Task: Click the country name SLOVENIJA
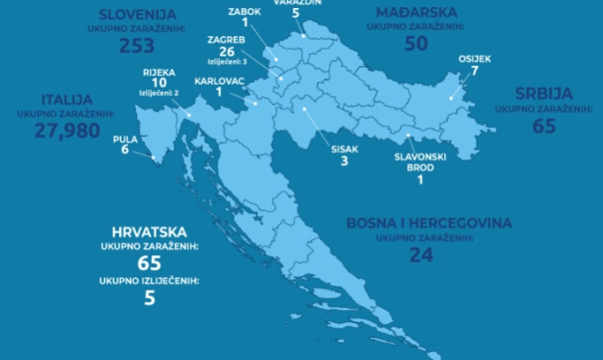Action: point(137,14)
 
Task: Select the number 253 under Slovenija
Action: point(137,45)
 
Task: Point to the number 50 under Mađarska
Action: point(416,43)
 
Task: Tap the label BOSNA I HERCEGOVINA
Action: point(429,223)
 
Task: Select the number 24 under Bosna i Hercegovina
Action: point(421,255)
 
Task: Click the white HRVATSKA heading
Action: point(150,231)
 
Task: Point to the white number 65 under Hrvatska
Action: point(150,263)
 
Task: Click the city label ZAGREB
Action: point(226,41)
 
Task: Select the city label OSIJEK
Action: point(475,59)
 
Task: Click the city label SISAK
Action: point(344,151)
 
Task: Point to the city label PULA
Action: point(125,139)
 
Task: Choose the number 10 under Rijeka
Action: point(160,82)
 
